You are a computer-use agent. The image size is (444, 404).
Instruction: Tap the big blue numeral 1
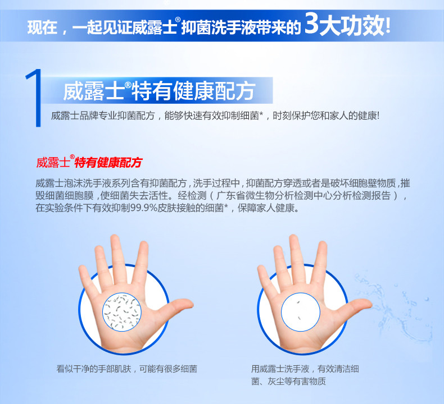coord(34,98)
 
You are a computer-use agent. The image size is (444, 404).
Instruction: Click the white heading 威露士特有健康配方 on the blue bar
coord(159,91)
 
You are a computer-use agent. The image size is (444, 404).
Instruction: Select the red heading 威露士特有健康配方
coord(89,162)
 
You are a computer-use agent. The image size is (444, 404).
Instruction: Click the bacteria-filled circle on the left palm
coord(122,312)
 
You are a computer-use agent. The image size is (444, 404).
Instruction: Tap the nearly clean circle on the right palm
coord(301,312)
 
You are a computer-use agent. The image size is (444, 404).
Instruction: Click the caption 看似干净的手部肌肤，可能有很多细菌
coord(126,369)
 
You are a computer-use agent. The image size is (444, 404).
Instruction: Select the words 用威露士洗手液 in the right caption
coord(280,369)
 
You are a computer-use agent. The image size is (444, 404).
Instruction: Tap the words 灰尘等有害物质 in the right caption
coord(297,382)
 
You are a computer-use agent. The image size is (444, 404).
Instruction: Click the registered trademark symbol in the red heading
coord(72,157)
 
